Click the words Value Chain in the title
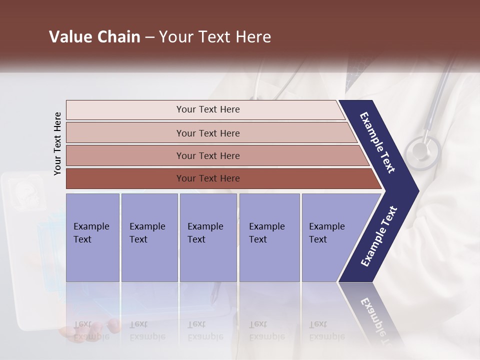(x=94, y=37)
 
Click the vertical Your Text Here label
(x=57, y=143)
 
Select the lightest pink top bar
(x=205, y=110)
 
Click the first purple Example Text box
(x=92, y=237)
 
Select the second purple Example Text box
(x=149, y=237)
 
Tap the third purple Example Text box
(x=208, y=237)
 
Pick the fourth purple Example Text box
(x=269, y=237)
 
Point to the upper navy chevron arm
(x=377, y=142)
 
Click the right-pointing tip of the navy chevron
(x=415, y=191)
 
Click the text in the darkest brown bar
(x=208, y=178)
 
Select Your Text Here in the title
(x=215, y=37)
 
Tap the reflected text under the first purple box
(x=91, y=330)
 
